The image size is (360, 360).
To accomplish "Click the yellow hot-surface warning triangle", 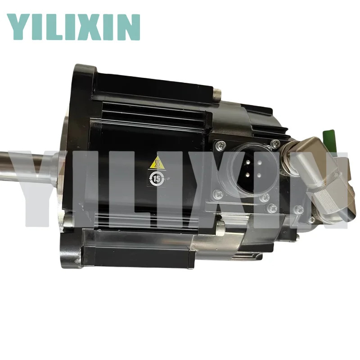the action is pos(157,163).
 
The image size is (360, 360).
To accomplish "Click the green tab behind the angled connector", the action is pos(328,137).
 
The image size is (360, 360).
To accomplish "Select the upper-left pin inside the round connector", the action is pos(248,162).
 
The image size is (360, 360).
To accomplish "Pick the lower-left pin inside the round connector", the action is pos(248,175).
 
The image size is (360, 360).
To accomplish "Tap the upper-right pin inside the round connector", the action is pos(260,163).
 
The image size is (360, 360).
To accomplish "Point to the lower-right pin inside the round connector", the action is pos(259,175).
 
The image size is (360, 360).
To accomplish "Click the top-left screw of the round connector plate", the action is pos(221,145).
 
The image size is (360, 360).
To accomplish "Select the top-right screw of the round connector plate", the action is pos(275,144).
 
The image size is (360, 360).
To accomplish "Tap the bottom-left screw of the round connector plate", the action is pos(218,195).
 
